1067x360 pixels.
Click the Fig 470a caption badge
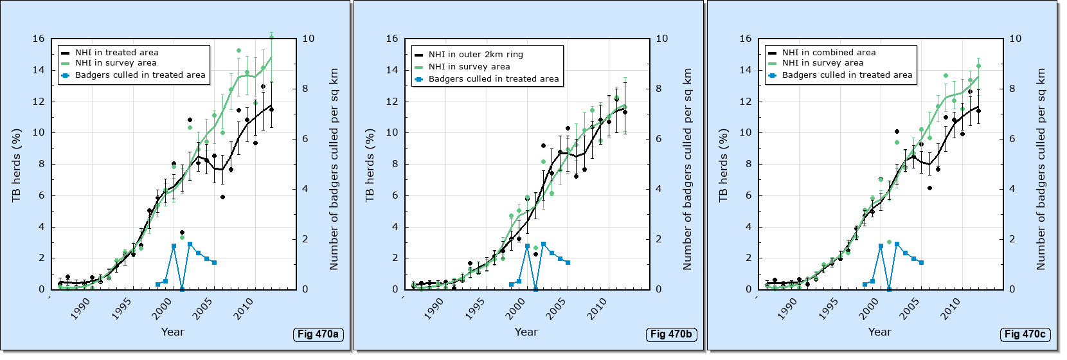pos(318,334)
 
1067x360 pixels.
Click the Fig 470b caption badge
pos(671,334)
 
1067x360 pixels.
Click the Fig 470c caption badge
pos(1025,334)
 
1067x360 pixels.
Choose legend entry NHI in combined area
pos(829,53)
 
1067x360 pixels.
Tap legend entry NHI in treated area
pos(116,53)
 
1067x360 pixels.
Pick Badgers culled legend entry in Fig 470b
pos(494,79)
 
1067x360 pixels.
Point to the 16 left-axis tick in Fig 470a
pos(39,39)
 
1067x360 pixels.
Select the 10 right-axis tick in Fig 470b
pos(661,39)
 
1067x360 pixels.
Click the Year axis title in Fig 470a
pos(172,332)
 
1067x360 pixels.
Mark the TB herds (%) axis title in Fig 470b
pos(370,165)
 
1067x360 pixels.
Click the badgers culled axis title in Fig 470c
pos(1041,169)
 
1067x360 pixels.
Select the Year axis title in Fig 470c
pos(879,332)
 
